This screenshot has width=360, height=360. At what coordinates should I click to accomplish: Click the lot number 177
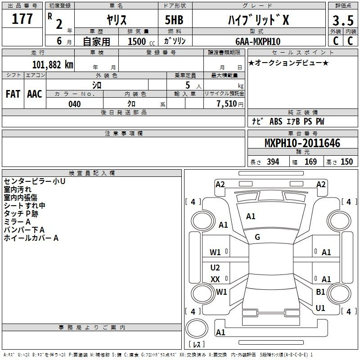click(x=22, y=19)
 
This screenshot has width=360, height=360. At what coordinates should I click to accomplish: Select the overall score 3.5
click(x=343, y=20)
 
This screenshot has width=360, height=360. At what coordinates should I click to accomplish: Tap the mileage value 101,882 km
click(x=53, y=65)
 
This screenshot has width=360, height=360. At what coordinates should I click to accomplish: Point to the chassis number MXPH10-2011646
click(x=302, y=143)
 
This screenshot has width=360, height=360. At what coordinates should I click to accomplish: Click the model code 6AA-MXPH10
click(x=258, y=41)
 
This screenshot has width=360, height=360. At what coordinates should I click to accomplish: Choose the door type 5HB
click(x=174, y=20)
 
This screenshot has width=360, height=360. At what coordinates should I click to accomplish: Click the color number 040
click(x=75, y=104)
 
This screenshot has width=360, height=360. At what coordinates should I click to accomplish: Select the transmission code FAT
click(x=13, y=94)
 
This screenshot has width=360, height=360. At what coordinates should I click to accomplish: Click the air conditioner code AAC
click(x=35, y=94)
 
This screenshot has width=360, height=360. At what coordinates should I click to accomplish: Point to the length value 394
click(x=273, y=162)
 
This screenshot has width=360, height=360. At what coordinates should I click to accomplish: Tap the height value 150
click(x=346, y=162)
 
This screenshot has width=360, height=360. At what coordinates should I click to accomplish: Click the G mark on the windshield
click(x=257, y=237)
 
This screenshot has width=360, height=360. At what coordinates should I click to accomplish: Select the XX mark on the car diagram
click(x=215, y=279)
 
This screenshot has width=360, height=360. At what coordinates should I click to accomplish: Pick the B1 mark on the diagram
click(x=320, y=292)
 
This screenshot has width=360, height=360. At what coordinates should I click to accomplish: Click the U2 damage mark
click(x=215, y=267)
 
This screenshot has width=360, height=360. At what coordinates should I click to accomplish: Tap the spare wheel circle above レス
click(x=197, y=328)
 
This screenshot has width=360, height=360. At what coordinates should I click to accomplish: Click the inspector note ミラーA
click(x=17, y=222)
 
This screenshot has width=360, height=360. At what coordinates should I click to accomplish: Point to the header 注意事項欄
click(x=124, y=133)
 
